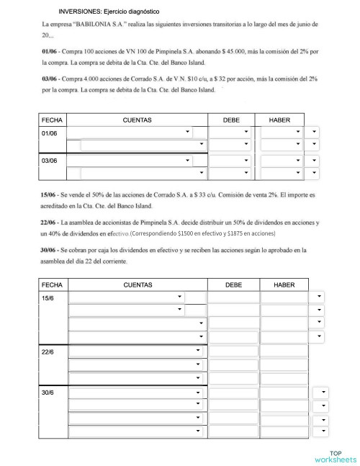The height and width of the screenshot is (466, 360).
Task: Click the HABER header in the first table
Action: (279, 120)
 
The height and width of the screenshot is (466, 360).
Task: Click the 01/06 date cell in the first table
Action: (50, 133)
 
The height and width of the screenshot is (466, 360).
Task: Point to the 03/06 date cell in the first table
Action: (50, 161)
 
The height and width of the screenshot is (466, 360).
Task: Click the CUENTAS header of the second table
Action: (137, 285)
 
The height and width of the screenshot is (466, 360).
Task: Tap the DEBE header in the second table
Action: (233, 285)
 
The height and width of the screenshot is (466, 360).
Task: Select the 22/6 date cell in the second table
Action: (48, 351)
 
